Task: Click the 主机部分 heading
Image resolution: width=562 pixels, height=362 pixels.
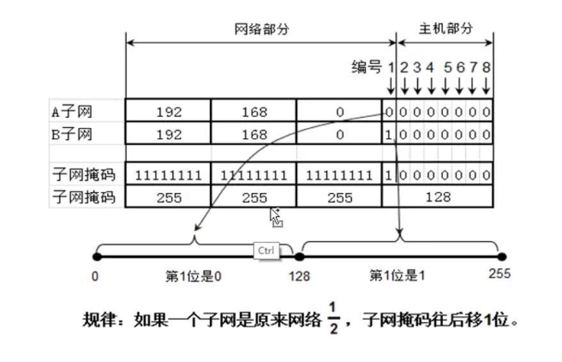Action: tap(446, 29)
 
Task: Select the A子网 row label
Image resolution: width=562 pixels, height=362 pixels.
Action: tap(72, 112)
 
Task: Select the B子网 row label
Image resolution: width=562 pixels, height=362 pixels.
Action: tap(72, 134)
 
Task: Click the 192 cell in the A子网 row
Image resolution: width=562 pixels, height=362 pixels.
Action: tap(169, 113)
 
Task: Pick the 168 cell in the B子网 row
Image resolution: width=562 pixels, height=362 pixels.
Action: tap(254, 135)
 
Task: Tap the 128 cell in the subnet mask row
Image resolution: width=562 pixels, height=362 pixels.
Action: tap(438, 197)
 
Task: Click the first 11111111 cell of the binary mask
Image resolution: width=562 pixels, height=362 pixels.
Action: tap(169, 175)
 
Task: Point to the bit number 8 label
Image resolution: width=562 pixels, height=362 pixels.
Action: tap(486, 67)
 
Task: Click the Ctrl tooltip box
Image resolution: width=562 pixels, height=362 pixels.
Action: tap(266, 251)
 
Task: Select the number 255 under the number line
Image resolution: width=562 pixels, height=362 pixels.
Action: tap(499, 273)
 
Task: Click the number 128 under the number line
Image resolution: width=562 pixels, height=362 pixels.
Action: tap(299, 276)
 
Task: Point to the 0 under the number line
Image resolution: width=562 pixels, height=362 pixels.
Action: tap(95, 276)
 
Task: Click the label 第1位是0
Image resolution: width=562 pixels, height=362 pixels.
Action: tap(193, 276)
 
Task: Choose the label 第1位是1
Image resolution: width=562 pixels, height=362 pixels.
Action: tap(397, 276)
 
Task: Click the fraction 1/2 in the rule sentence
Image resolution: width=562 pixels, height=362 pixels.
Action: tap(332, 318)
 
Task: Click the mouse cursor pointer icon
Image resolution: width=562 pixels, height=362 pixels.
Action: tap(276, 217)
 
